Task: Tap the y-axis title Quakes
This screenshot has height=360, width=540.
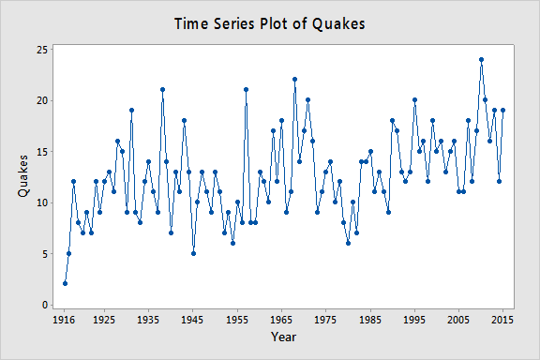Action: tap(22, 176)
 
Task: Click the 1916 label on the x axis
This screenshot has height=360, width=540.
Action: tap(65, 319)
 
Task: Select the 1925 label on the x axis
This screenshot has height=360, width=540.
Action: tap(104, 319)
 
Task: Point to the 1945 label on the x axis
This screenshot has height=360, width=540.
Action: tap(193, 319)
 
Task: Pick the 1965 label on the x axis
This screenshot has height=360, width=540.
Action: tap(281, 319)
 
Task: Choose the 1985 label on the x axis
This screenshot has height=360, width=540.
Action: tap(370, 319)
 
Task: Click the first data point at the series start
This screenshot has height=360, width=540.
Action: tap(65, 283)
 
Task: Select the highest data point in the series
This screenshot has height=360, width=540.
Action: tap(481, 60)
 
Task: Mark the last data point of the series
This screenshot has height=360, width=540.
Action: tap(503, 111)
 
